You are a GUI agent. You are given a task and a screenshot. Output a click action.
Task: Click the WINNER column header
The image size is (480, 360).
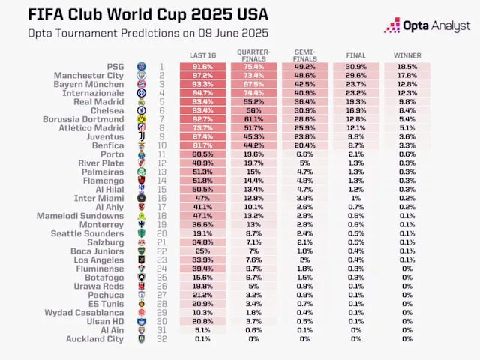[x=407, y=56]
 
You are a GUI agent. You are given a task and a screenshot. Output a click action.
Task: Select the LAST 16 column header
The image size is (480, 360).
[x=203, y=56]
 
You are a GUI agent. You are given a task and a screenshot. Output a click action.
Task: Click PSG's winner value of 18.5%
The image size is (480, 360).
[x=407, y=67]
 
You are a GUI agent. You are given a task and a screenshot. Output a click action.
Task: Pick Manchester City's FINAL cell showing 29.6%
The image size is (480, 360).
[x=356, y=76]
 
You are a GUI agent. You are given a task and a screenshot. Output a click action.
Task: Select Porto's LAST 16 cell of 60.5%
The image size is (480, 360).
[x=203, y=154]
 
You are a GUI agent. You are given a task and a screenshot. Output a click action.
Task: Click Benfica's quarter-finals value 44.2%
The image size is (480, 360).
[x=254, y=145]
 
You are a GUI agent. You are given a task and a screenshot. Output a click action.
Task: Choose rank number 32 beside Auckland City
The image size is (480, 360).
[x=160, y=339]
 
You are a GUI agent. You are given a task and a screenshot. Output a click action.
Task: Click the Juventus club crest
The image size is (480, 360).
[x=141, y=136]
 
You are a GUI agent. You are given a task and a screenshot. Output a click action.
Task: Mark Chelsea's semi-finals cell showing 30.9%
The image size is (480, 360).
[x=305, y=110]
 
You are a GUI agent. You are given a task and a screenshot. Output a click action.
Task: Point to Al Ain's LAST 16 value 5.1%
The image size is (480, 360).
[x=203, y=330]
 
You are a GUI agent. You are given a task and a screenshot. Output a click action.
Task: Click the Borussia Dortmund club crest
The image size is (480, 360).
[x=141, y=119]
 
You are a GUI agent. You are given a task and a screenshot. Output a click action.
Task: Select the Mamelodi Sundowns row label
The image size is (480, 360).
[x=80, y=216]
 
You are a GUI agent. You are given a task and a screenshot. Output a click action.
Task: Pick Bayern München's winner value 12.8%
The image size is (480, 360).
[x=407, y=84]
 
